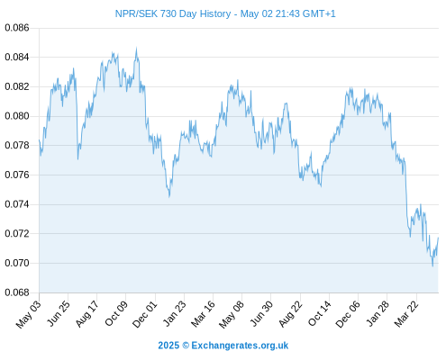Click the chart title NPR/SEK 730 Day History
click(x=173, y=13)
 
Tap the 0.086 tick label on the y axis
click(x=17, y=28)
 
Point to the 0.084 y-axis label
click(x=17, y=57)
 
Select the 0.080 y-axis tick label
click(x=17, y=116)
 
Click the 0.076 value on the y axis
click(x=17, y=175)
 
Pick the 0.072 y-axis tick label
click(x=17, y=233)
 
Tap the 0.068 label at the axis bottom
click(x=17, y=292)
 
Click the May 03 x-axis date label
click(x=28, y=314)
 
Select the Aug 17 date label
click(x=86, y=314)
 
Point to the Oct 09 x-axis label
click(x=116, y=313)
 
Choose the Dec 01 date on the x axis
click(x=145, y=314)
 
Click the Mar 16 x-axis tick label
click(x=203, y=314)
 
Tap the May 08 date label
click(x=232, y=314)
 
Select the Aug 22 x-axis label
click(x=290, y=314)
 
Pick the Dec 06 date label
click(x=348, y=314)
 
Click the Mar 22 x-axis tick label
click(x=406, y=314)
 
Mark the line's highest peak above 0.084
click(x=136, y=48)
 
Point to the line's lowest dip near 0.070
click(x=432, y=265)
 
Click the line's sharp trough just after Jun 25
click(x=77, y=158)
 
